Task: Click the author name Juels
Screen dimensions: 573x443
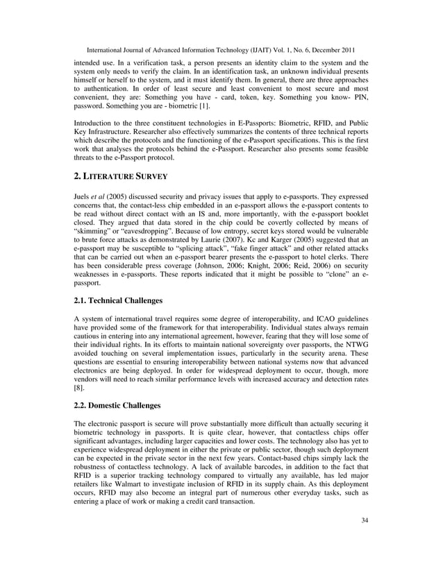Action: [x=84, y=196]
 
